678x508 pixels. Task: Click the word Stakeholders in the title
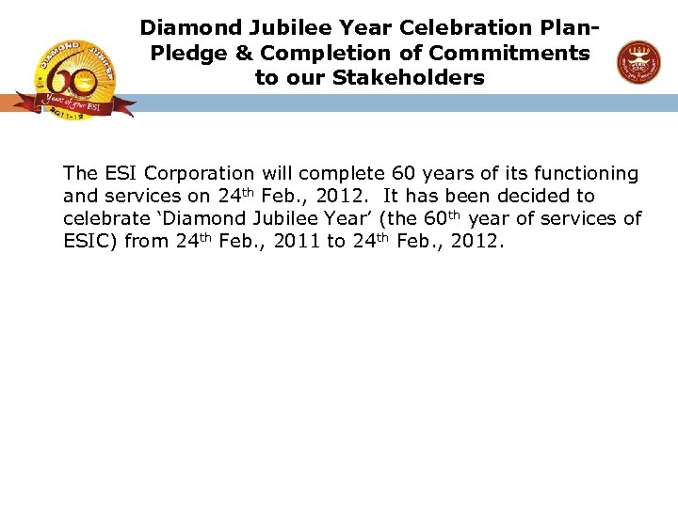point(408,77)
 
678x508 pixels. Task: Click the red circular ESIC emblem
point(638,62)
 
